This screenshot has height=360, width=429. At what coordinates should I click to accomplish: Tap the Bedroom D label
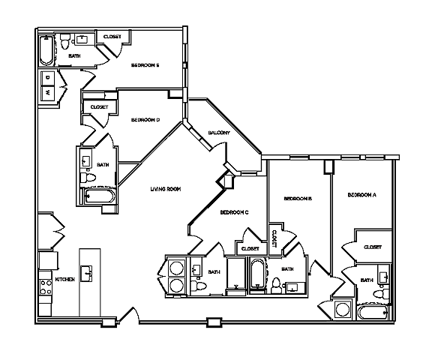tap(145, 120)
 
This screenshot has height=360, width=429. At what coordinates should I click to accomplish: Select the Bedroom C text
tap(234, 213)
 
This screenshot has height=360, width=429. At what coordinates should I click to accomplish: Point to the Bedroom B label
tap(297, 199)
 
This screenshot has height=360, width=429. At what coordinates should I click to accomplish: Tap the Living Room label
tap(166, 189)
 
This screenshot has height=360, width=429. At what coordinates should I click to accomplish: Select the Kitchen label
tap(65, 280)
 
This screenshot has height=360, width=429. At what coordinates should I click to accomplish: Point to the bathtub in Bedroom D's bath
tap(98, 196)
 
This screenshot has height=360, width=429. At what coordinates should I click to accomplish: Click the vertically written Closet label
tap(274, 238)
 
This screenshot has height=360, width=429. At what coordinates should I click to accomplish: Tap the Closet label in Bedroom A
tap(372, 247)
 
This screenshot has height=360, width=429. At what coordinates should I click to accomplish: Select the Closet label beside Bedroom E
tap(112, 37)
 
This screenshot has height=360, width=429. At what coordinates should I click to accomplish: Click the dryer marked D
tap(47, 77)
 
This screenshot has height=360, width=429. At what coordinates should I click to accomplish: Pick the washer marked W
tap(47, 93)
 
